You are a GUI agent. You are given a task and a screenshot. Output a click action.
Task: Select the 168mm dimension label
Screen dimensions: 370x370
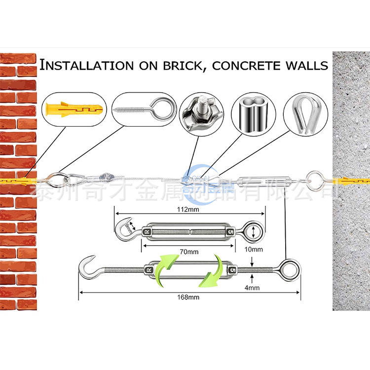point(189,297)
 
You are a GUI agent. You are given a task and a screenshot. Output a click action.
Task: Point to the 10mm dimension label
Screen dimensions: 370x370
point(253,249)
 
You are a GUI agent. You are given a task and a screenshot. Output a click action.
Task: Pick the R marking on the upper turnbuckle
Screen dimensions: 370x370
point(147,231)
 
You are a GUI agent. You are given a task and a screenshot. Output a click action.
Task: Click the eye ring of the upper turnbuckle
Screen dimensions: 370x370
point(254,231)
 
